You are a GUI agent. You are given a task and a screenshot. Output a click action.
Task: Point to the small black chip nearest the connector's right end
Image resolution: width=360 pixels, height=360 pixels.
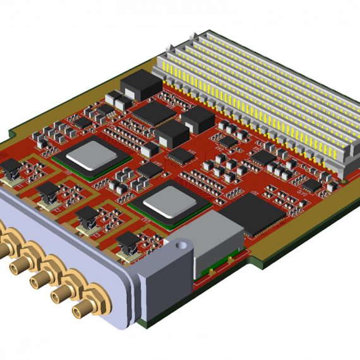click(311, 185)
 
